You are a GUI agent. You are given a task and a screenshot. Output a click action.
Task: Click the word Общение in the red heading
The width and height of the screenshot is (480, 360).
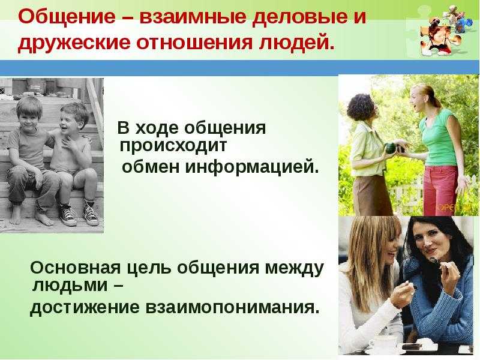(67, 17)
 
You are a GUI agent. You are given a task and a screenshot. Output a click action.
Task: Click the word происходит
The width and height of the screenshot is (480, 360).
(173, 146)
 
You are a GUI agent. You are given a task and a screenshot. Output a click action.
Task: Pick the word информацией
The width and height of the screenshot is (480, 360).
(251, 167)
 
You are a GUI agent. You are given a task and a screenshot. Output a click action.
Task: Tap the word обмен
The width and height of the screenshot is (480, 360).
(151, 167)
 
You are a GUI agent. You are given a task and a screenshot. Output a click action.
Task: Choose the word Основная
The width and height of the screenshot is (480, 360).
(76, 268)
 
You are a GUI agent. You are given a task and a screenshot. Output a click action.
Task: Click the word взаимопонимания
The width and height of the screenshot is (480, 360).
(232, 307)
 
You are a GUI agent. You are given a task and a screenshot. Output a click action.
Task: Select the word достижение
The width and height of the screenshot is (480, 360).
(85, 308)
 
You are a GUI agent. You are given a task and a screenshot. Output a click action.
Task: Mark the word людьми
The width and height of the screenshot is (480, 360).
(70, 286)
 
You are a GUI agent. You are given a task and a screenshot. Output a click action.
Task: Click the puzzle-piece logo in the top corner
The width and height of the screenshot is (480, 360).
(442, 31)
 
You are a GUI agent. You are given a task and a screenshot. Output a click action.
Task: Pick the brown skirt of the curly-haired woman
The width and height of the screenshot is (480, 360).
(371, 194)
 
